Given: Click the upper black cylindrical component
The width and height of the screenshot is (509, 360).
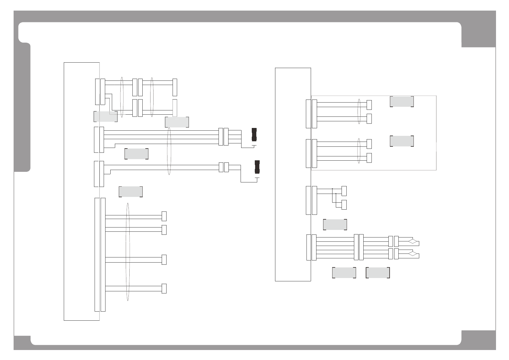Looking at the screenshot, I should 254,135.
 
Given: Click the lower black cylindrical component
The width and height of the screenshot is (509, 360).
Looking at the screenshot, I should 257,167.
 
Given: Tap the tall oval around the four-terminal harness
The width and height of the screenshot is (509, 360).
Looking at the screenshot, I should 128,252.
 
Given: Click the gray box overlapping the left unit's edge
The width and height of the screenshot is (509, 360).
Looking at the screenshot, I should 105,116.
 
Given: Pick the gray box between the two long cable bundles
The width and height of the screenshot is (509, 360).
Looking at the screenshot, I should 136,154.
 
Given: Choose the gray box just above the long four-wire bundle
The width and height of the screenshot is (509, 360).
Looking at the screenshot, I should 177,122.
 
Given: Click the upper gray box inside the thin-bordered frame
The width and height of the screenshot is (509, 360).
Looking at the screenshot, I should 402,101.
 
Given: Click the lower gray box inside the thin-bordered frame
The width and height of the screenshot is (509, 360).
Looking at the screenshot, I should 402,141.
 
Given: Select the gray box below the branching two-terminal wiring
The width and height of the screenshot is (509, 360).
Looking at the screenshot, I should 335,224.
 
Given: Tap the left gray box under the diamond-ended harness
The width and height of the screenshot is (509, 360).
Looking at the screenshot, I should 344,273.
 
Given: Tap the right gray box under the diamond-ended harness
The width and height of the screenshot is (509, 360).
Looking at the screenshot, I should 378,273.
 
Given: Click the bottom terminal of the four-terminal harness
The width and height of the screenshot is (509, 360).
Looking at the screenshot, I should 164,289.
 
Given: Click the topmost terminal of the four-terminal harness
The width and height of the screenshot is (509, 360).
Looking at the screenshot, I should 164,216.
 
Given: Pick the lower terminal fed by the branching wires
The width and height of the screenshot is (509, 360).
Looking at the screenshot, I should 344,205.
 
